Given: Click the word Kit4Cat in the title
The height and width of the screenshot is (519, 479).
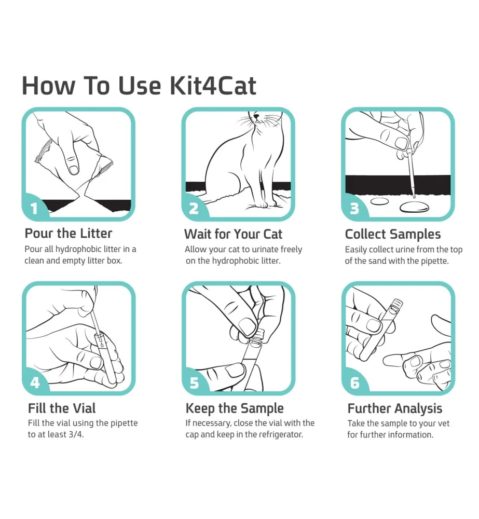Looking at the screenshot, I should [x=213, y=86].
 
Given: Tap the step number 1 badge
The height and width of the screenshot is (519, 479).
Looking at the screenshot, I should [x=34, y=209].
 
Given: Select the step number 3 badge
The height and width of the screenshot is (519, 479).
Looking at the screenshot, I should [x=354, y=209].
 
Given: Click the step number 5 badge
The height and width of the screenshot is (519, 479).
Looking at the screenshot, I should [x=195, y=383].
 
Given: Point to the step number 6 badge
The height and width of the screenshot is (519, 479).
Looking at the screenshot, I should [x=355, y=383].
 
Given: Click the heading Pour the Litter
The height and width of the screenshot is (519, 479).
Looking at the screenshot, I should [x=69, y=234].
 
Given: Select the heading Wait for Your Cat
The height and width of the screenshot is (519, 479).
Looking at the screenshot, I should [x=233, y=234].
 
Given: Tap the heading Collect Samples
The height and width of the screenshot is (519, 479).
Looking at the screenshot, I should [x=393, y=234].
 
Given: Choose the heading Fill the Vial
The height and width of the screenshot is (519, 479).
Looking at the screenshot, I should [x=62, y=408].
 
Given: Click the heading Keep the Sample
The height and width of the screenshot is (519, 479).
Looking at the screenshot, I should [x=235, y=408].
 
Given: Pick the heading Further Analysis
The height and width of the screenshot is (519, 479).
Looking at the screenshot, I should [x=395, y=408].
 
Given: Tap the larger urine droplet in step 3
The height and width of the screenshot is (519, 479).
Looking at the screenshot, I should [x=414, y=207].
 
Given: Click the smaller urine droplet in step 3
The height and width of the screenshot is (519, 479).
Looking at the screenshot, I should [x=382, y=201].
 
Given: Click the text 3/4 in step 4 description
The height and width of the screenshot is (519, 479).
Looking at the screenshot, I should [x=76, y=434].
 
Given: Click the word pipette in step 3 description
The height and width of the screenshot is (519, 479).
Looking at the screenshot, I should [x=433, y=261].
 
